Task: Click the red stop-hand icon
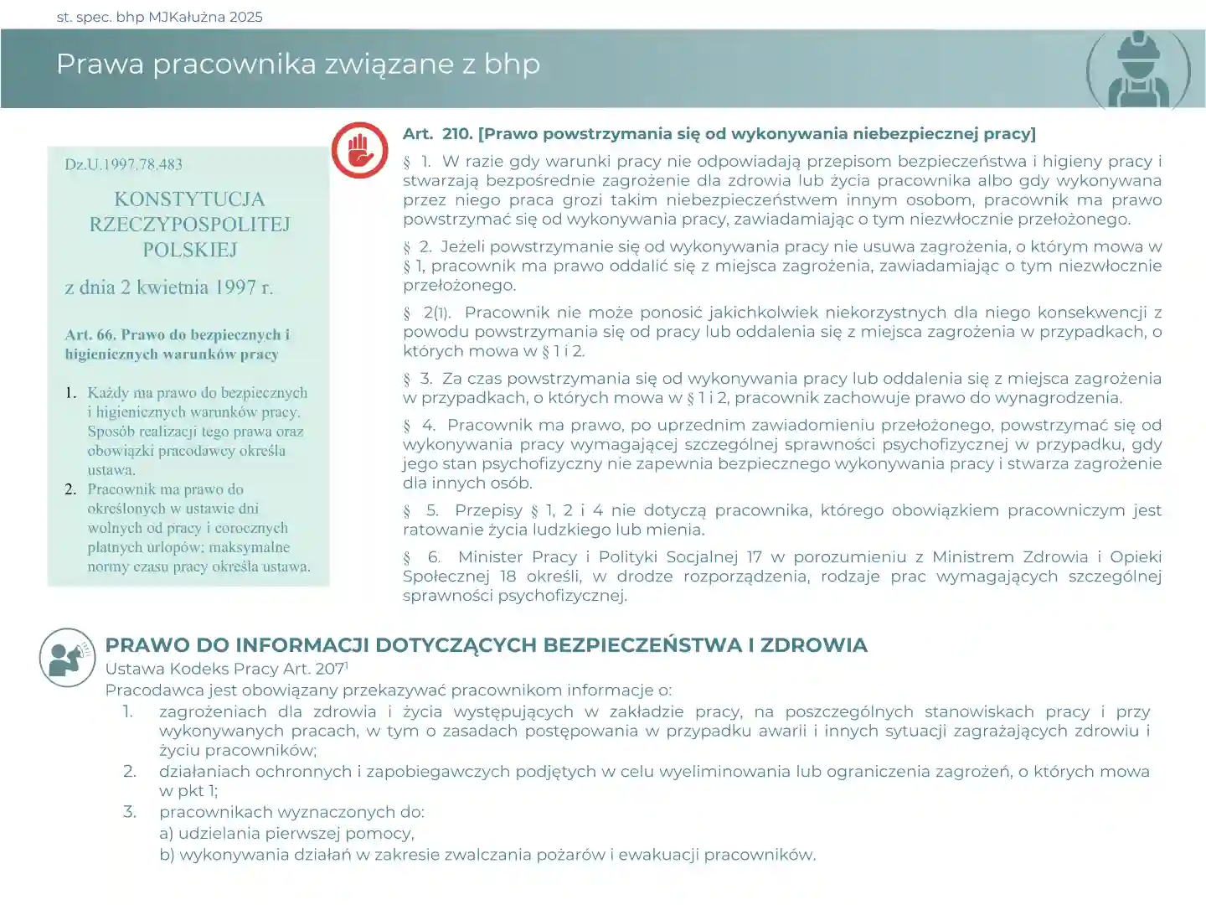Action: click(359, 150)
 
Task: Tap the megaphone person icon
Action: click(67, 658)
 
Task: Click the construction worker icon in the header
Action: click(1138, 70)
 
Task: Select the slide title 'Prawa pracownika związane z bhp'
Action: click(298, 64)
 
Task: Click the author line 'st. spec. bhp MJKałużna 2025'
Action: click(159, 17)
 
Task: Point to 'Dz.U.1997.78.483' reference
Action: click(123, 164)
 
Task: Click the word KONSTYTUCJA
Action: click(189, 199)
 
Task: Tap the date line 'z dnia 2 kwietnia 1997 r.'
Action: click(169, 287)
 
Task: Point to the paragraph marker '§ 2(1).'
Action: click(427, 313)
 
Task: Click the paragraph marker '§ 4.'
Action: click(419, 426)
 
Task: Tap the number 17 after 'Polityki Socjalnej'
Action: click(754, 557)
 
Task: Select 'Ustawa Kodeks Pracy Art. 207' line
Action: click(226, 669)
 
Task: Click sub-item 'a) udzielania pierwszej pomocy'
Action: click(286, 834)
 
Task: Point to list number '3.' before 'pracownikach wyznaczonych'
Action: click(130, 812)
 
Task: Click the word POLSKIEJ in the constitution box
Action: click(189, 250)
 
